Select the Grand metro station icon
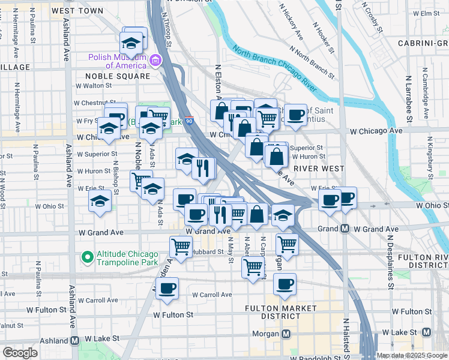tap(345, 229)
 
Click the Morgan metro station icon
tap(286, 334)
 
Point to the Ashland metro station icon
tap(76, 340)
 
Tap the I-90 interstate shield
tap(189, 121)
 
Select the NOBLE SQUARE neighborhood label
tap(118, 76)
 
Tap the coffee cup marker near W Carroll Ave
tap(167, 288)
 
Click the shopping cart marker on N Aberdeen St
tap(253, 266)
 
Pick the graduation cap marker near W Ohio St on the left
tap(100, 202)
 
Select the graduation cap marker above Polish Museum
tap(130, 43)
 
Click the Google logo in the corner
tap(20, 353)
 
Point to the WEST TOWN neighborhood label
tap(77, 11)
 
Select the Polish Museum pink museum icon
tap(155, 61)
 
